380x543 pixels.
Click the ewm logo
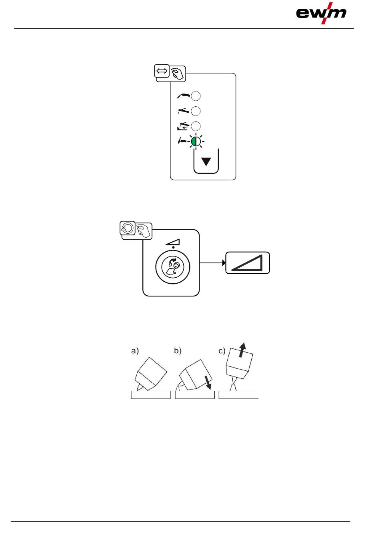pos(321,13)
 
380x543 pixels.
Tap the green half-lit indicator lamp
pos(196,141)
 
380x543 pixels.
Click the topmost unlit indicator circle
pos(196,96)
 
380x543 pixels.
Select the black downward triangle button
pos(206,162)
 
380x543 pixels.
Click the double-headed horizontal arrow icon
pos(162,71)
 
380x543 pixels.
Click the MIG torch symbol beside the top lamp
pos(183,95)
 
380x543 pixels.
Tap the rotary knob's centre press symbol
pos(172,267)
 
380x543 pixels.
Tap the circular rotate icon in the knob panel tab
pos(128,228)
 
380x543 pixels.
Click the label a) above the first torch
pos(135,351)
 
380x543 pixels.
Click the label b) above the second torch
pos(178,351)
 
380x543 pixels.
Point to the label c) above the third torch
pos(222,351)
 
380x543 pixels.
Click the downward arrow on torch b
pos(208,382)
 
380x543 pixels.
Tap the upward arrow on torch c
pos(242,350)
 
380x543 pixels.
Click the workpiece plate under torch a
pos(151,395)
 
